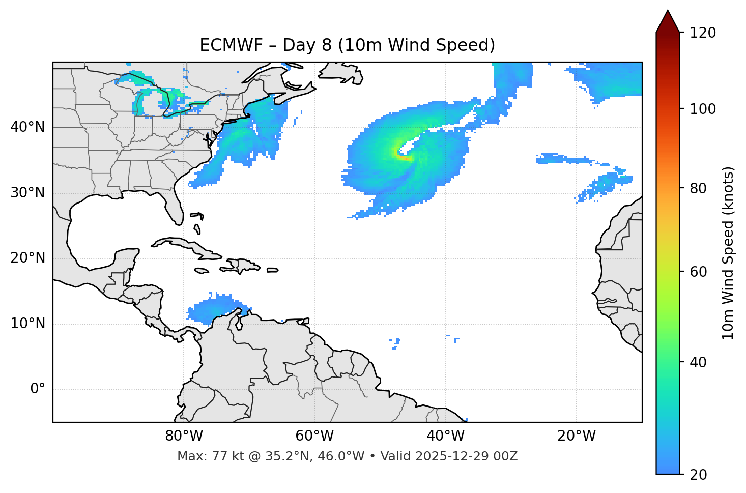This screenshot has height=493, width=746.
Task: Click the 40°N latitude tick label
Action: (27, 127)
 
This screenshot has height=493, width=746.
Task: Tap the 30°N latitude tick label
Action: (27, 193)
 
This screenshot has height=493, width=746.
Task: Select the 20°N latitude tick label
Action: (27, 258)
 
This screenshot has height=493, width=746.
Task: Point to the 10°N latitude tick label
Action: (27, 324)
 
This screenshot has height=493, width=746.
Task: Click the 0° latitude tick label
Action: (38, 389)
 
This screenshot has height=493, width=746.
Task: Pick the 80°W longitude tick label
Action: (184, 436)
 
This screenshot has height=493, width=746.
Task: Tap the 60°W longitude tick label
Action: (314, 436)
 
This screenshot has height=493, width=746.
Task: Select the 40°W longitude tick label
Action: (446, 436)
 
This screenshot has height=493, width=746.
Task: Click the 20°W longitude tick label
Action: (577, 436)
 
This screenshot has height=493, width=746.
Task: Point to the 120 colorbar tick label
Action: (703, 33)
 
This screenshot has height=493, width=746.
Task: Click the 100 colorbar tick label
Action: (703, 109)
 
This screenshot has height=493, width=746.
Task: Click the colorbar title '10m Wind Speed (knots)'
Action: (728, 253)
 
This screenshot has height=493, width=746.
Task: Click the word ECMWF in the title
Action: (224, 45)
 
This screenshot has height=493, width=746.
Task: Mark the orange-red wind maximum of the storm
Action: (405, 158)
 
